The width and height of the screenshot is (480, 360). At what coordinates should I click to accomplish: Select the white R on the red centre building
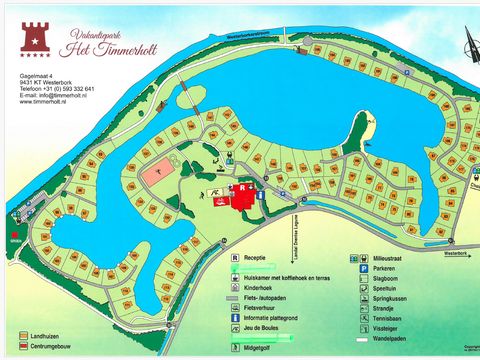pos(241,187)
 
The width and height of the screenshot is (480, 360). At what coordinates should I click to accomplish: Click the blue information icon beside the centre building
pos(261,196)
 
